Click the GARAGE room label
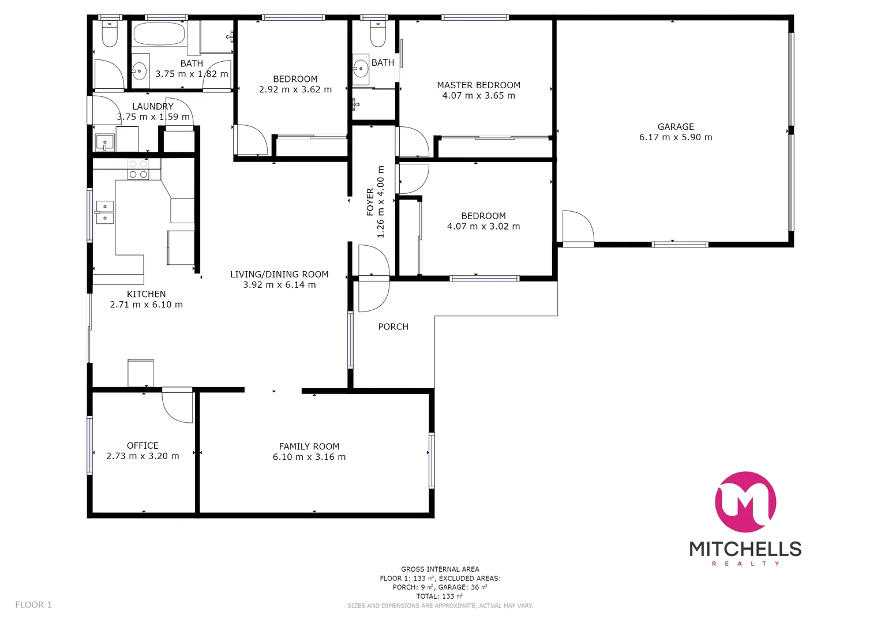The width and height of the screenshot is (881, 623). pos(676,127)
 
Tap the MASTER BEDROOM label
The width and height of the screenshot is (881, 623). pos(478,85)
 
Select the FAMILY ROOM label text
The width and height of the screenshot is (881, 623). pos(309,446)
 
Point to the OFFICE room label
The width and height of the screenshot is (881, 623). pos(143,445)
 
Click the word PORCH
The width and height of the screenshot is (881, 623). pos(393,326)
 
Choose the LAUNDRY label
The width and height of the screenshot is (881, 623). pos(152,106)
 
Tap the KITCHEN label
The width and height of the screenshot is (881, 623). pos(146,294)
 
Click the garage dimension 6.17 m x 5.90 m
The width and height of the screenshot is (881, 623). pos(676,137)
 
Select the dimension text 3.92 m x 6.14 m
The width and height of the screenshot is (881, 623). pos(279,285)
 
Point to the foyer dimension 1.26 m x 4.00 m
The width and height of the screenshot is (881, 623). pos(380,202)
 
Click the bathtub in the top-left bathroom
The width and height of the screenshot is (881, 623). pos(159,34)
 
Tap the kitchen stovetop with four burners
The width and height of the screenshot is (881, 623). pos(138,169)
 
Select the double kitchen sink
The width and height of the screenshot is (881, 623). pos(104,212)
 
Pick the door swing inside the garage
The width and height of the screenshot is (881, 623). pos(578,227)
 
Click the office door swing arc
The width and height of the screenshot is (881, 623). pos(177,406)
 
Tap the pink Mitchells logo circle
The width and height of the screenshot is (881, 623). pos(745,501)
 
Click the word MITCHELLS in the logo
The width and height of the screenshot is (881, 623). pos(745,549)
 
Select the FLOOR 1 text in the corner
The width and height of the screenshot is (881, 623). pos(33,605)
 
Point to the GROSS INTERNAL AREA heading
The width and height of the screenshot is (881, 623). pos(440,569)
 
